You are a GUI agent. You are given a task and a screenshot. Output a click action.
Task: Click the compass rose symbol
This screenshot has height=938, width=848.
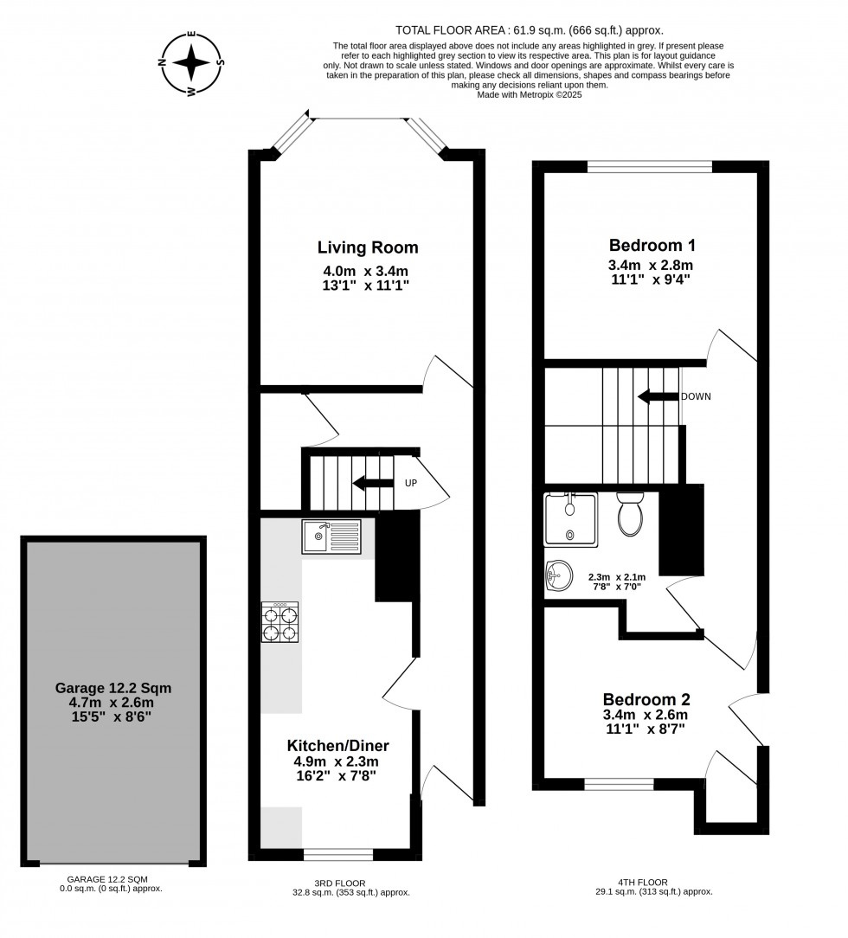pos(191,63)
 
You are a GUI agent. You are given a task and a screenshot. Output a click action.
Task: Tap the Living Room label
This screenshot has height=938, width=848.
pos(368,247)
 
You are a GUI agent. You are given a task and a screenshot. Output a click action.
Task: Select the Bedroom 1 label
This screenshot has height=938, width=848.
pos(652,245)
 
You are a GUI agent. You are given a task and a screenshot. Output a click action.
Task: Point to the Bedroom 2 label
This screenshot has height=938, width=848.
pos(646,699)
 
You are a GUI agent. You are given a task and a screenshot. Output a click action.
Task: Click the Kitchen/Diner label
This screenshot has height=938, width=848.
pos(337,745)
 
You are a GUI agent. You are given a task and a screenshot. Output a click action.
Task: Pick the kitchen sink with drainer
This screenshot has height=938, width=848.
pos(331,536)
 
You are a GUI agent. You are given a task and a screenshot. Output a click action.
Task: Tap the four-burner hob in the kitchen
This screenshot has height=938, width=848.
pos(279,622)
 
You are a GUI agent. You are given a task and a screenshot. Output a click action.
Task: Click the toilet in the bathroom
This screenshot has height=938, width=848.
pos(629,513)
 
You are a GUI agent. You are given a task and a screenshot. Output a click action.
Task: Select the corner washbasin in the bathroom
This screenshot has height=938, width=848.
pos(559,577)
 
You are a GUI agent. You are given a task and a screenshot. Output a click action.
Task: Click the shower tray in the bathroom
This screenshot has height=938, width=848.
pos(570,519)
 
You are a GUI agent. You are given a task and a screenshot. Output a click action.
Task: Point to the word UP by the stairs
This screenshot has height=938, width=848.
pos(411,483)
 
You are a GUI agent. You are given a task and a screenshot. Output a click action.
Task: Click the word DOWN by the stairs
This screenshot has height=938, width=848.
pos(696,396)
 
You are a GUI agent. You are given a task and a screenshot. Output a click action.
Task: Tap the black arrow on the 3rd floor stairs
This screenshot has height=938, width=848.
pos(373,483)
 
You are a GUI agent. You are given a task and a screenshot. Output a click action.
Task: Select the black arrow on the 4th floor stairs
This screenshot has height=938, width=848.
pos(658,396)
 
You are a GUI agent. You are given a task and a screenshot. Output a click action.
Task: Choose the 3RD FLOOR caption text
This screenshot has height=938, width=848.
pos(340,883)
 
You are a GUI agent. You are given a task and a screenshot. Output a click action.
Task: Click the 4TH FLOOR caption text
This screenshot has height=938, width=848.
pos(643,883)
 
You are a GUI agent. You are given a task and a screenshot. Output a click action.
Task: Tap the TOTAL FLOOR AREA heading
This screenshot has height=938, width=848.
pos(450,30)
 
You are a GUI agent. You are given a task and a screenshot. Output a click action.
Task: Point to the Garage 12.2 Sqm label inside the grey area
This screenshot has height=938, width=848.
pos(113,688)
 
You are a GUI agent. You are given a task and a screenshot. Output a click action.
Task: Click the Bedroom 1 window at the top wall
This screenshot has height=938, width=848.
pos(650,167)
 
